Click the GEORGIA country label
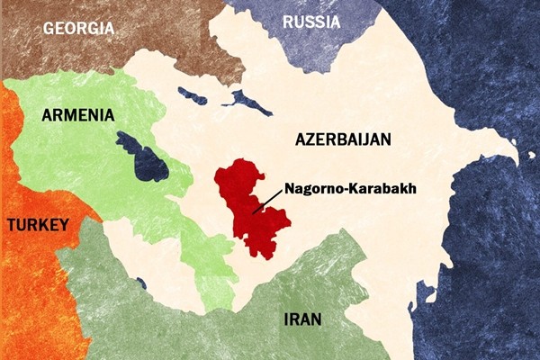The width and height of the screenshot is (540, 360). tap(78, 27)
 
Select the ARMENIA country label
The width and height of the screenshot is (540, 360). tap(77, 115)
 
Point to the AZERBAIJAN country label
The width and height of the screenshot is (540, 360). tap(343, 139)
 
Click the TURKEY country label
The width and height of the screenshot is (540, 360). tap(37, 225)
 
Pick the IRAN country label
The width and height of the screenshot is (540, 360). tap(302, 319)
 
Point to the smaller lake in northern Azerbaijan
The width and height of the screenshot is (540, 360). tap(193, 93)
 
